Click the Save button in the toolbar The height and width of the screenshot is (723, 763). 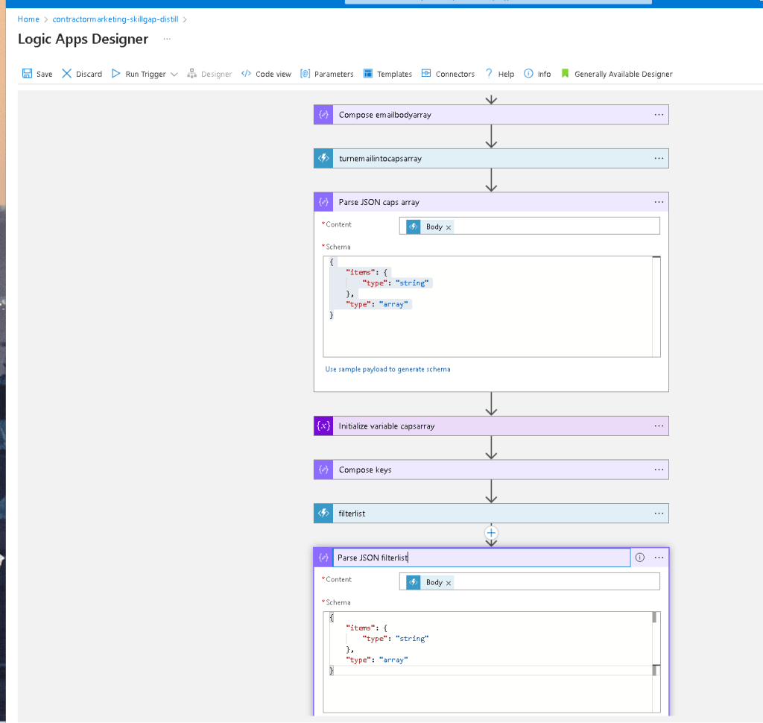[x=37, y=74]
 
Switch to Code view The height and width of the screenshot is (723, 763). [x=266, y=74]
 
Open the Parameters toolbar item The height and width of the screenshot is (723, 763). [x=327, y=74]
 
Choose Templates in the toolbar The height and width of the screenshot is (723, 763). [x=387, y=74]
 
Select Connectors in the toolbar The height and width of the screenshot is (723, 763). [x=448, y=74]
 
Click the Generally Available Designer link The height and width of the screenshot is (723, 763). [x=616, y=74]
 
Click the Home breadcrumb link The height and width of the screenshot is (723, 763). [x=28, y=19]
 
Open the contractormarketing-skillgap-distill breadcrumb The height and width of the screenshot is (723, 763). [x=115, y=19]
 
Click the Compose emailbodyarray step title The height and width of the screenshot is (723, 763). [x=385, y=115]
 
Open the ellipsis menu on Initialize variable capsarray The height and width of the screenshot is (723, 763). [x=659, y=426]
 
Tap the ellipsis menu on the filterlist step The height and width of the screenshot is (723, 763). [x=659, y=513]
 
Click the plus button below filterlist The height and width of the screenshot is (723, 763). [x=492, y=533]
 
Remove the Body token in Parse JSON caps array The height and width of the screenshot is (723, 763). [x=449, y=227]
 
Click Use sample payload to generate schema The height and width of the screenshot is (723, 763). [x=387, y=369]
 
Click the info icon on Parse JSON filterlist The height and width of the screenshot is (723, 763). [x=640, y=558]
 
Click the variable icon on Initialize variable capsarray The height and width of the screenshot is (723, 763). [x=323, y=426]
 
